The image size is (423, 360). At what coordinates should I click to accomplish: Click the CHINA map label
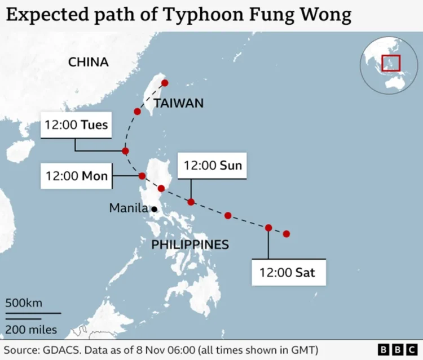(x=89, y=62)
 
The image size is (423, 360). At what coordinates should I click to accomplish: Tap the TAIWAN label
(x=178, y=103)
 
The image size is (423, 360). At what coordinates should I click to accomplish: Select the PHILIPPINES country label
(x=190, y=245)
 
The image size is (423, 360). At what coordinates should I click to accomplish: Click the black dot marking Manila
(x=154, y=209)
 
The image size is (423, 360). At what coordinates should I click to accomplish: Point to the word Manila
(x=128, y=208)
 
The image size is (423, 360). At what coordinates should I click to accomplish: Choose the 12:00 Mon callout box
(x=77, y=176)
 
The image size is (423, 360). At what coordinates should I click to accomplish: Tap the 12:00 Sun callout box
(x=212, y=165)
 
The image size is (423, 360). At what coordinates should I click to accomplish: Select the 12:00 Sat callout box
(x=287, y=273)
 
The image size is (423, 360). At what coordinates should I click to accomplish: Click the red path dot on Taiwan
(x=165, y=83)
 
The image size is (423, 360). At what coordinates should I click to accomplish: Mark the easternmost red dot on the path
(x=287, y=234)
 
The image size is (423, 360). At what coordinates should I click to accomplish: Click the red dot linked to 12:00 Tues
(x=125, y=151)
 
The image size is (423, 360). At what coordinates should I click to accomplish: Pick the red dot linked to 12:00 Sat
(x=268, y=228)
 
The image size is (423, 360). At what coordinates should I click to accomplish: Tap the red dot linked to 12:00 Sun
(x=191, y=202)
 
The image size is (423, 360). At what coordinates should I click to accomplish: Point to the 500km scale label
(x=24, y=303)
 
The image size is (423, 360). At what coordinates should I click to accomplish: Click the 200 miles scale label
(x=32, y=330)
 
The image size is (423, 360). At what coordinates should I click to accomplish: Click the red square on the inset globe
(x=391, y=63)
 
